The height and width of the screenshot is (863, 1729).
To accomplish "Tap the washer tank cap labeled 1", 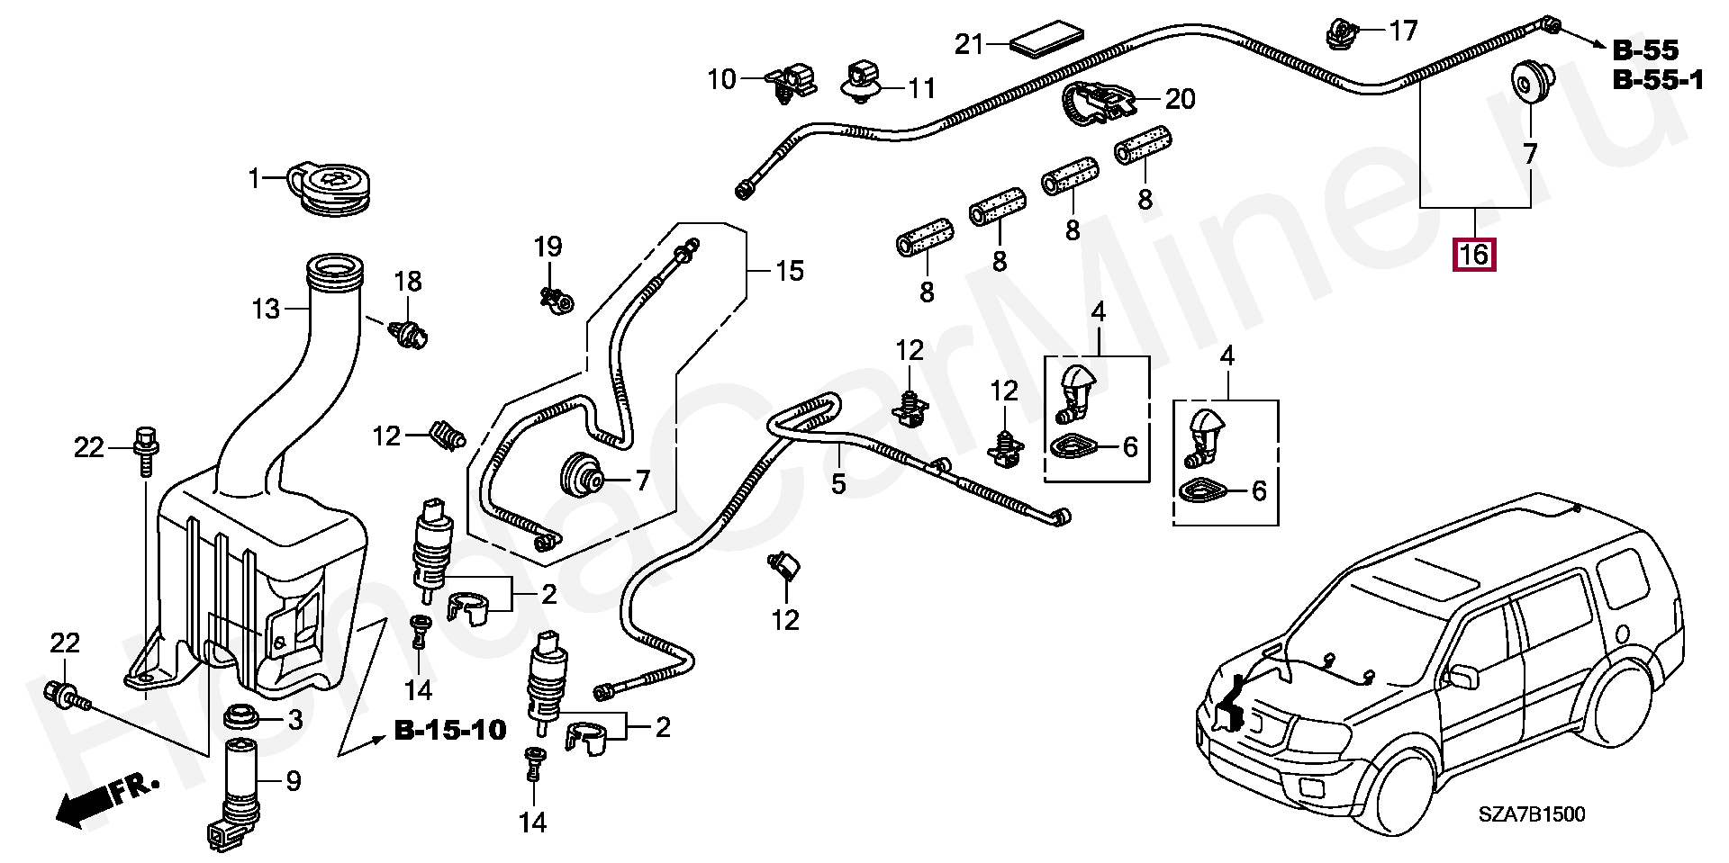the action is tap(331, 190).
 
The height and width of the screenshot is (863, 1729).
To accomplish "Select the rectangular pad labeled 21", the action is tap(1046, 43).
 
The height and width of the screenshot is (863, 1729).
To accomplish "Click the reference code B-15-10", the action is tap(450, 730).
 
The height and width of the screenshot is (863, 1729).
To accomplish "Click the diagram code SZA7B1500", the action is tap(1531, 815).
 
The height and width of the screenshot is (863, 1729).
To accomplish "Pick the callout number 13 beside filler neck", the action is tap(267, 310).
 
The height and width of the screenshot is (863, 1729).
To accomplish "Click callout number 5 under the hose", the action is tap(838, 484).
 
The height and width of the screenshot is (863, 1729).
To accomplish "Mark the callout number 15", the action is tap(790, 271).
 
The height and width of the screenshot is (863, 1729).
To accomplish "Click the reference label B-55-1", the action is tap(1657, 81).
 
